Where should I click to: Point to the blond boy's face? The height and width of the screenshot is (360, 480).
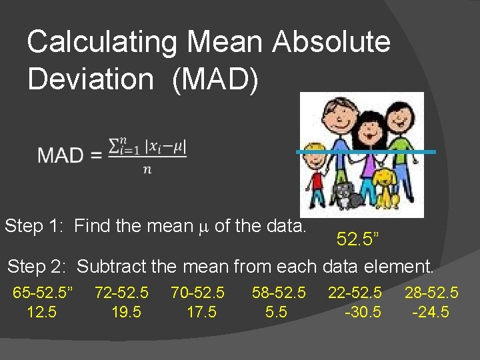(314, 158)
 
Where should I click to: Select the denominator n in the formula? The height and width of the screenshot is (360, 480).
(147, 169)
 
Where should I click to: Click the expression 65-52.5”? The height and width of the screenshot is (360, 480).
(43, 292)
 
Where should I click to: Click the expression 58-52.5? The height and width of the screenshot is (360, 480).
(279, 292)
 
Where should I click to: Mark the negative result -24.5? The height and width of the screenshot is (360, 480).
(431, 312)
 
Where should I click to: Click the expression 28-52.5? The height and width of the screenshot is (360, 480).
(431, 292)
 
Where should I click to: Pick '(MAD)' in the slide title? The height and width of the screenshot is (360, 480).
(214, 79)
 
